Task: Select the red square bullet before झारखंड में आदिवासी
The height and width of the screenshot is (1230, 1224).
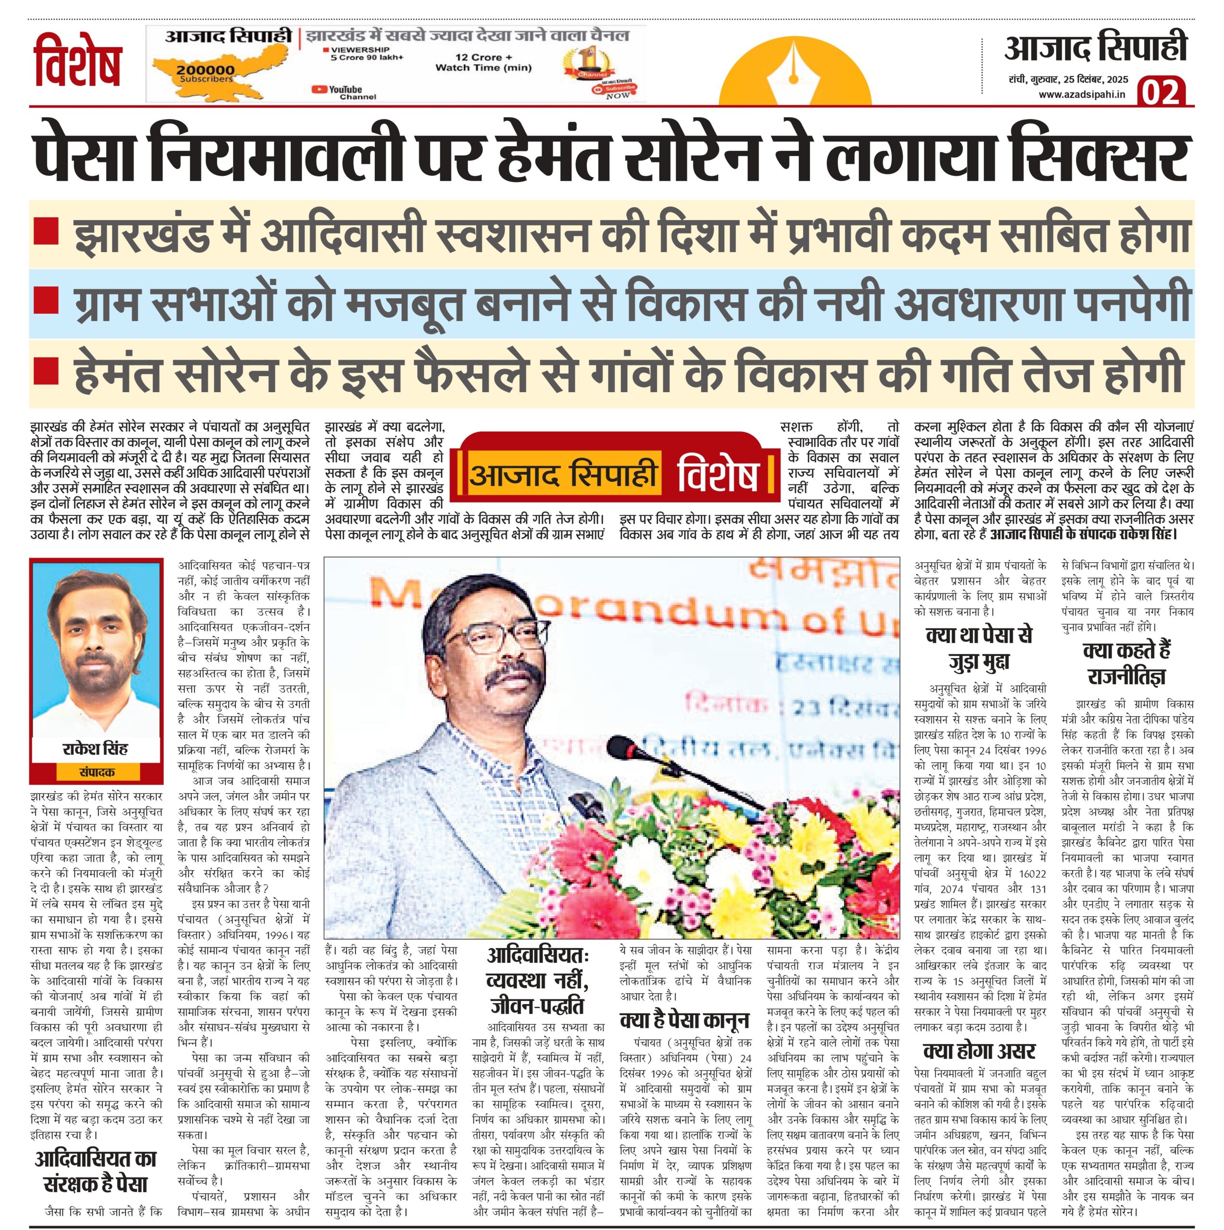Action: (46, 231)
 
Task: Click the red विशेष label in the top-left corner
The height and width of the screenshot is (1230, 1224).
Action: (78, 64)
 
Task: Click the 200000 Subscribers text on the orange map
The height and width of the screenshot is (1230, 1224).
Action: (205, 74)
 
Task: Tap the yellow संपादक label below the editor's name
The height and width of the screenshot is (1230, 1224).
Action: (96, 773)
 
